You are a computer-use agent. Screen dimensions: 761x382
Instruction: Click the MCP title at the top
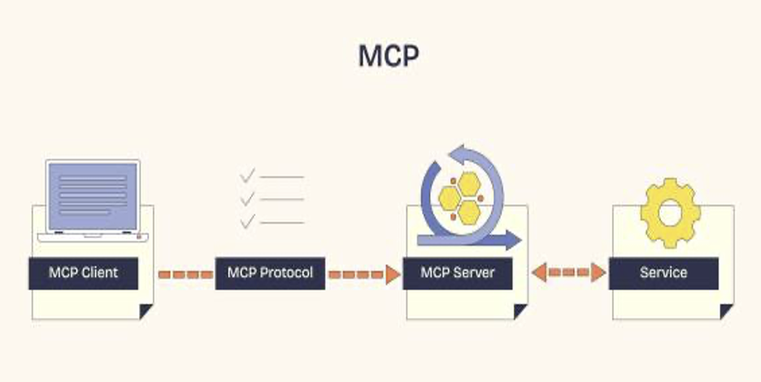[x=389, y=56]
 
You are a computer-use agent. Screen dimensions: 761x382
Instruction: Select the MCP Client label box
[x=84, y=273]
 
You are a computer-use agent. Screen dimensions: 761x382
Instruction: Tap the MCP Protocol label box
[x=270, y=273]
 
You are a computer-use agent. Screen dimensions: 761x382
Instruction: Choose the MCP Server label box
[x=458, y=273]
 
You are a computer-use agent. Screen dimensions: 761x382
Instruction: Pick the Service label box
[x=663, y=273]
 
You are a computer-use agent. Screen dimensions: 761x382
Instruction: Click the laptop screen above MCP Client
[x=93, y=196]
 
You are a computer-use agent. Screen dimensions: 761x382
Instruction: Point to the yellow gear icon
[x=670, y=213]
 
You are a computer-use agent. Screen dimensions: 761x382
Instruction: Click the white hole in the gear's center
[x=670, y=213]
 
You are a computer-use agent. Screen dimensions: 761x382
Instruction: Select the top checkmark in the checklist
[x=247, y=176]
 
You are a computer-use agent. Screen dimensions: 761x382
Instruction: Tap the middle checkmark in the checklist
[x=247, y=198]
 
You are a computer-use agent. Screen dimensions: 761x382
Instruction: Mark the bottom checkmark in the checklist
[x=247, y=221]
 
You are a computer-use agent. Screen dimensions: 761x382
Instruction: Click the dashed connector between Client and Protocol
[x=186, y=275]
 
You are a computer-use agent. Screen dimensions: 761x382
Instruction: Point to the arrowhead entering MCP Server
[x=393, y=275]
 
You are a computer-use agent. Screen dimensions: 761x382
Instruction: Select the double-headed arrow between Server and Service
[x=569, y=273]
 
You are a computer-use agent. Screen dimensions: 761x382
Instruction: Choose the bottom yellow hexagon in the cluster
[x=469, y=213]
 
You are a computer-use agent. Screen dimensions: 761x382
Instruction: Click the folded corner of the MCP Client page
[x=146, y=311]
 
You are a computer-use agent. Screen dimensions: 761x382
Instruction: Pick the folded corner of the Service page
[x=727, y=311]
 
